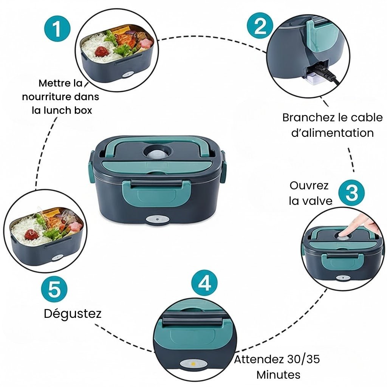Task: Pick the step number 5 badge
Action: pos(54,289)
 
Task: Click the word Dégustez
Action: pos(73,314)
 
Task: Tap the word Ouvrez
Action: pos(309,186)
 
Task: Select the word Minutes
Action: pos(278,375)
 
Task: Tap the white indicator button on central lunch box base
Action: pos(155,220)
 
